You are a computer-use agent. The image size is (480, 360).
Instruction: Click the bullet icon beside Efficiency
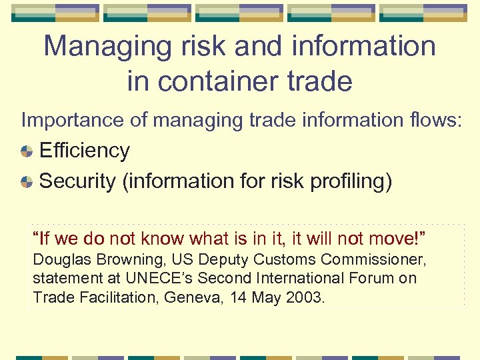27,151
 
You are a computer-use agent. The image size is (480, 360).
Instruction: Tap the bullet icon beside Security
27,181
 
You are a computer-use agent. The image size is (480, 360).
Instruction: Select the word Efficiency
85,151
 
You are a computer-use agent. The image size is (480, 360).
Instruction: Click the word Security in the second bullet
77,181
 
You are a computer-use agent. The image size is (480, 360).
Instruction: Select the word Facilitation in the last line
113,297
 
